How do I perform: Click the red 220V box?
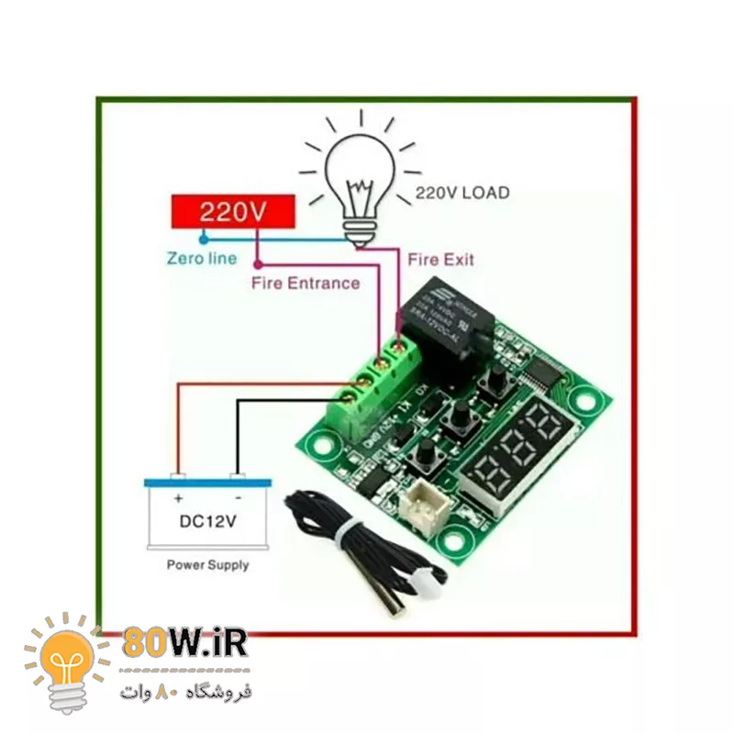[233, 212]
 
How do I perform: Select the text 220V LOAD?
[462, 194]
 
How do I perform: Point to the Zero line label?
[201, 259]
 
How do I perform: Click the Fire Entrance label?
[306, 283]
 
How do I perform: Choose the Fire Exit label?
[440, 260]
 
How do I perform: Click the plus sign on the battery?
[178, 500]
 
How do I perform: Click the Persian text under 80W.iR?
[184, 691]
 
